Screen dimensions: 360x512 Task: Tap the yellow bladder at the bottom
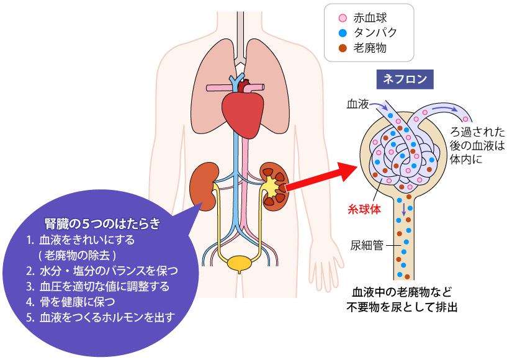(240, 263)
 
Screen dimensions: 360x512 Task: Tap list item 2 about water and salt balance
(103, 271)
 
